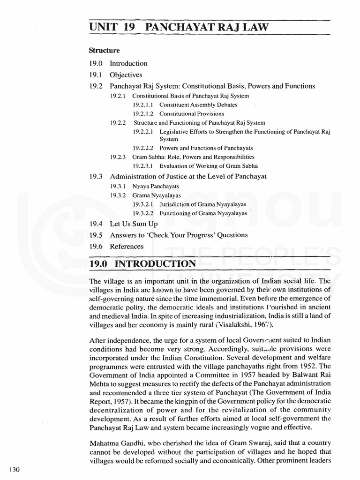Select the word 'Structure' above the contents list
(x=104, y=51)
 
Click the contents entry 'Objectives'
(x=126, y=75)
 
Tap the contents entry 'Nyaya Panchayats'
(x=156, y=186)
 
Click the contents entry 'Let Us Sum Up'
(x=134, y=224)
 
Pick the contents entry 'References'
(x=127, y=246)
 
